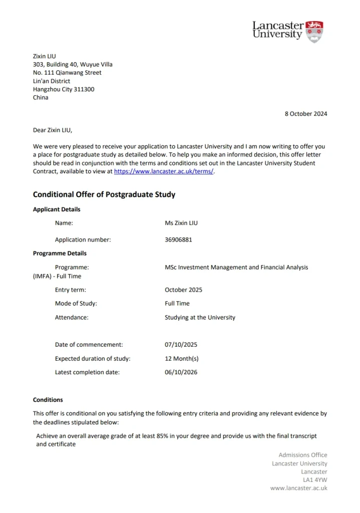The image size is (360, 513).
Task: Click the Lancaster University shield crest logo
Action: pyautogui.click(x=315, y=31)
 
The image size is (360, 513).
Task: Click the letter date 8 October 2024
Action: pyautogui.click(x=306, y=114)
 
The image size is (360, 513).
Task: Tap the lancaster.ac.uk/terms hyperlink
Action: pyautogui.click(x=164, y=171)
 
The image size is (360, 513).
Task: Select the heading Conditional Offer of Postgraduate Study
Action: pyautogui.click(x=104, y=194)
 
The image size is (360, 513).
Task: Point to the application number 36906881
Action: pyautogui.click(x=178, y=240)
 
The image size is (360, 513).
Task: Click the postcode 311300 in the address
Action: pyautogui.click(x=84, y=89)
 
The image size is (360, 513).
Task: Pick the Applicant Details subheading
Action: pyautogui.click(x=57, y=209)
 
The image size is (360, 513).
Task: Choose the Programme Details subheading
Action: pyautogui.click(x=60, y=253)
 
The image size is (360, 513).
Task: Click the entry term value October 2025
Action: pyautogui.click(x=183, y=290)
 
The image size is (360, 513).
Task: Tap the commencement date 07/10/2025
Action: pyautogui.click(x=181, y=345)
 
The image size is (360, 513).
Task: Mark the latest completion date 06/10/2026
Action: pyautogui.click(x=181, y=372)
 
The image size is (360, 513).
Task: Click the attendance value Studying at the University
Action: pyautogui.click(x=200, y=318)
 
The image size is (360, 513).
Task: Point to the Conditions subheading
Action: pyautogui.click(x=48, y=400)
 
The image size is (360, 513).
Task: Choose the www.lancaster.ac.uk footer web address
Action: pyautogui.click(x=298, y=488)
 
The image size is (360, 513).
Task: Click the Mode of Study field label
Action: pyautogui.click(x=76, y=304)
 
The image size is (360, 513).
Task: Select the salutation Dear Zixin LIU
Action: pyautogui.click(x=53, y=130)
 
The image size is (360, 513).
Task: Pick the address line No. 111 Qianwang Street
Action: pyautogui.click(x=67, y=73)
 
